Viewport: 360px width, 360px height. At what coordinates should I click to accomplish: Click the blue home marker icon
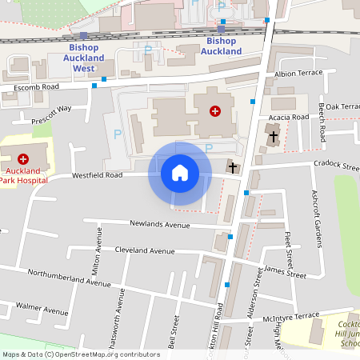(x=180, y=173)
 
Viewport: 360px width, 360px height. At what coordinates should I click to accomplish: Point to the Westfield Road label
(x=97, y=174)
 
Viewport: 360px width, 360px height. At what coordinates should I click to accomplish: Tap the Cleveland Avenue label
(x=144, y=250)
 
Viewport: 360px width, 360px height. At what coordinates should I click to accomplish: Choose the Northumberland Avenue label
(x=69, y=278)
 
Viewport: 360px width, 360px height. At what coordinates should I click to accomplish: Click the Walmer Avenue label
(x=42, y=310)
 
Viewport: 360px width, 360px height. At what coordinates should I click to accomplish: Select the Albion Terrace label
(x=298, y=73)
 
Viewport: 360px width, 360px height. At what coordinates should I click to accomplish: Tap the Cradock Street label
(x=337, y=164)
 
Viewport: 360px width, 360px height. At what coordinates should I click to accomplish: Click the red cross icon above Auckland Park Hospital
(x=22, y=159)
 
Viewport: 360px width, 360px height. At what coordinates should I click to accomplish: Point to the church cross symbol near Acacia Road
(x=274, y=136)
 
